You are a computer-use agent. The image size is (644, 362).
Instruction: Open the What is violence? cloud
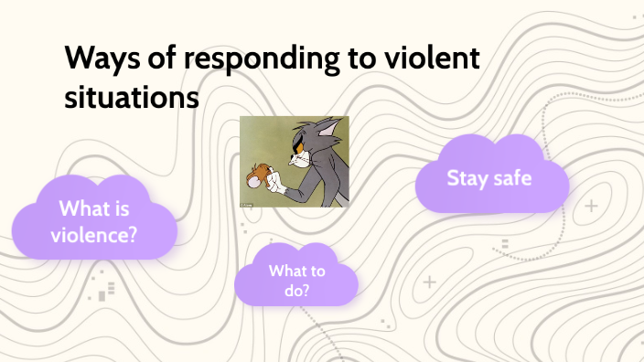(x=95, y=220)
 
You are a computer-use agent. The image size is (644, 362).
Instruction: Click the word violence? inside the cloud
(x=95, y=233)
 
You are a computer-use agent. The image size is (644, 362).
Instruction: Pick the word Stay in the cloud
(x=467, y=177)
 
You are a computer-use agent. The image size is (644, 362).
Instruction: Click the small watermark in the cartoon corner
(x=246, y=204)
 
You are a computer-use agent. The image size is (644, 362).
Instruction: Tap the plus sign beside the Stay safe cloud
(x=591, y=206)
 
